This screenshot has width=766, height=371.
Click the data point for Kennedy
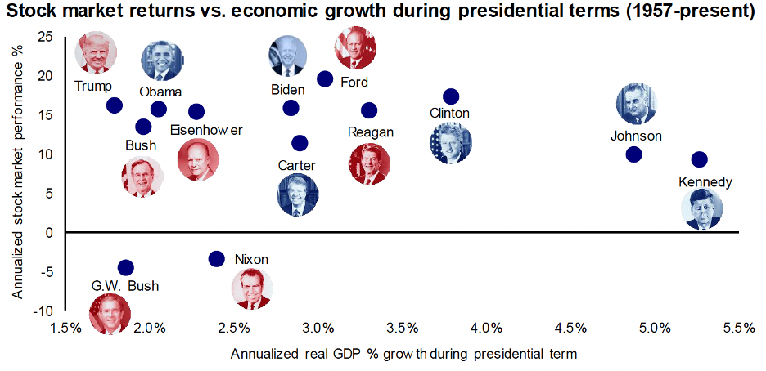pyautogui.click(x=700, y=159)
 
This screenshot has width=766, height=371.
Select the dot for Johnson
pyautogui.click(x=633, y=154)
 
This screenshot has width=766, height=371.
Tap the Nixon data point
pyautogui.click(x=216, y=259)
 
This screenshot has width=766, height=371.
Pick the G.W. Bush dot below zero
pyautogui.click(x=126, y=267)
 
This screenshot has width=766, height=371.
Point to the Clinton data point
pyautogui.click(x=451, y=96)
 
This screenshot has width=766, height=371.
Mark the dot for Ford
pyautogui.click(x=325, y=79)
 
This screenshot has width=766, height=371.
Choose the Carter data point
pyautogui.click(x=300, y=143)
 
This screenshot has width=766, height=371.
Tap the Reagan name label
pyautogui.click(x=370, y=132)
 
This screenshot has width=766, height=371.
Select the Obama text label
pyautogui.click(x=160, y=92)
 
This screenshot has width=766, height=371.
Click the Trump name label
pyautogui.click(x=92, y=87)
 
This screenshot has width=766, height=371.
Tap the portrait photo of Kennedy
pyautogui.click(x=702, y=209)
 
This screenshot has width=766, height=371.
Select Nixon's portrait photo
pyautogui.click(x=251, y=288)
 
